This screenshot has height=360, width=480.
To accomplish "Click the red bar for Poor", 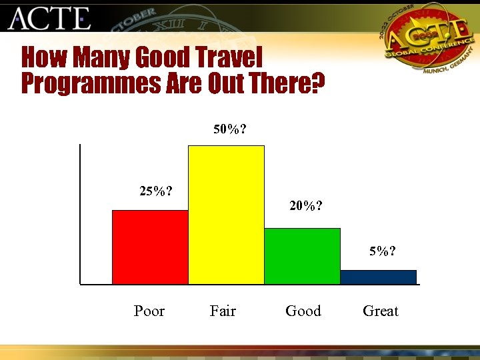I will click(x=150, y=247).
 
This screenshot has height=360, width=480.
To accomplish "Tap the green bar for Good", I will click(x=302, y=256).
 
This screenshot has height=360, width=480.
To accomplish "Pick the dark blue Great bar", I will click(x=378, y=277).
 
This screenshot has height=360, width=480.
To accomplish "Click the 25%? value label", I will click(x=156, y=191).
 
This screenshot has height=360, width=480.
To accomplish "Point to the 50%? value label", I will click(x=229, y=129).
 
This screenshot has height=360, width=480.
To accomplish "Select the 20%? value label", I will click(x=307, y=206).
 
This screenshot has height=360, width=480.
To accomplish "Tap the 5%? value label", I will click(x=383, y=251).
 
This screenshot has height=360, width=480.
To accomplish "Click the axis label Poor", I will click(x=149, y=311).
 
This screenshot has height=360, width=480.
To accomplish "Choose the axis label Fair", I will click(x=223, y=311).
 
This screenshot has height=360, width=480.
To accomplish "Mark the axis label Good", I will click(x=303, y=311).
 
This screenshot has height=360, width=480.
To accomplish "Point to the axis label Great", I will click(x=381, y=311).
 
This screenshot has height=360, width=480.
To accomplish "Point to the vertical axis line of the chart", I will click(x=79, y=213).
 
